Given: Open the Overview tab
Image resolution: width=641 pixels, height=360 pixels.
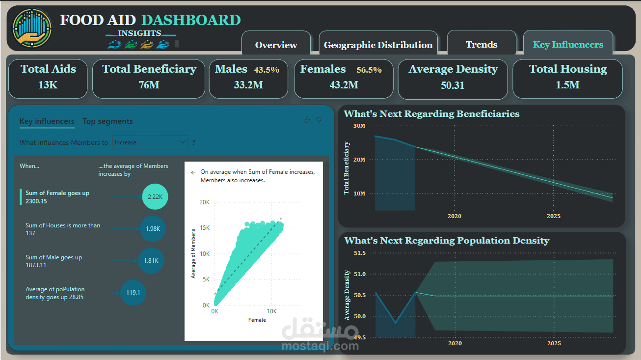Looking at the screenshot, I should (276, 45).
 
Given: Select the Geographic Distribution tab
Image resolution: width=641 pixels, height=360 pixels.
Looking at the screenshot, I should (378, 45).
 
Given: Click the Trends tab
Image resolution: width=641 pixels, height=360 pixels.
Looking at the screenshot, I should (481, 44).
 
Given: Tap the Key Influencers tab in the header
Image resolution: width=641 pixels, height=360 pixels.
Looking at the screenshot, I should (568, 44).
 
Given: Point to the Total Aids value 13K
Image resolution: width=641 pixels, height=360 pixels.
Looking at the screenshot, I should (48, 85).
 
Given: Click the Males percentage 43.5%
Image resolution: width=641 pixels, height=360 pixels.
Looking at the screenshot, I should (267, 70).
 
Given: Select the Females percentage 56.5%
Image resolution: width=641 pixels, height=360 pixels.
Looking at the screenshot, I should (369, 70).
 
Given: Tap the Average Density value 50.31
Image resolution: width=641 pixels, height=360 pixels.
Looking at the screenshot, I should (453, 85).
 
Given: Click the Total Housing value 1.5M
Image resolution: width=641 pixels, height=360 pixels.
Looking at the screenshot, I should (567, 85).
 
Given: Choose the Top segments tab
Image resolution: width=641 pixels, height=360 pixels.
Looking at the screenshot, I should (107, 121).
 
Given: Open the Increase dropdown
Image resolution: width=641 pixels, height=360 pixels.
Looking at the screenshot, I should (150, 142).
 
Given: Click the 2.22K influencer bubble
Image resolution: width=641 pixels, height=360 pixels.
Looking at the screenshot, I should (155, 197).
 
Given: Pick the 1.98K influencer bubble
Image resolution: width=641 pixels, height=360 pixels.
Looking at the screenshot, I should (153, 228).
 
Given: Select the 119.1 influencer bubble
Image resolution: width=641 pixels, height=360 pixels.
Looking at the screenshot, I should (133, 293).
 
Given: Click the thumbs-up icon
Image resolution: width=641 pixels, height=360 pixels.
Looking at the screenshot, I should (307, 120).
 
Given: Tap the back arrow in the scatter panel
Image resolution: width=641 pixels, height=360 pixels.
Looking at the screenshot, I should (193, 173).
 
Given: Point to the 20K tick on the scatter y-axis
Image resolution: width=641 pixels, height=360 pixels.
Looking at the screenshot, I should (204, 202).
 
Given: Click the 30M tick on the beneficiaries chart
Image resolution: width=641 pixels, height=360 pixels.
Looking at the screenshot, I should (359, 126).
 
